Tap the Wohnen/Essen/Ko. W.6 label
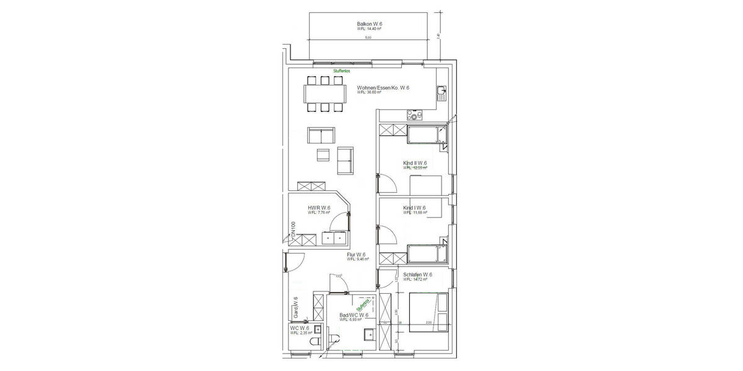pos(383,88)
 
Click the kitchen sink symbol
pos(441,94)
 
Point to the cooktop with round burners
pos(413,115)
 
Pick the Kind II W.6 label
pos(415,163)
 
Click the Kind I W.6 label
pos(414,208)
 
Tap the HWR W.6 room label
pos(319,208)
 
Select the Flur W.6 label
pos(356,255)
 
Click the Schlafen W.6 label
pos(417,275)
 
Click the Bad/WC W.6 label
pos(354,315)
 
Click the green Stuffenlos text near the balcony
pos(342,71)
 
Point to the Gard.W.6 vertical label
pos(296,306)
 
